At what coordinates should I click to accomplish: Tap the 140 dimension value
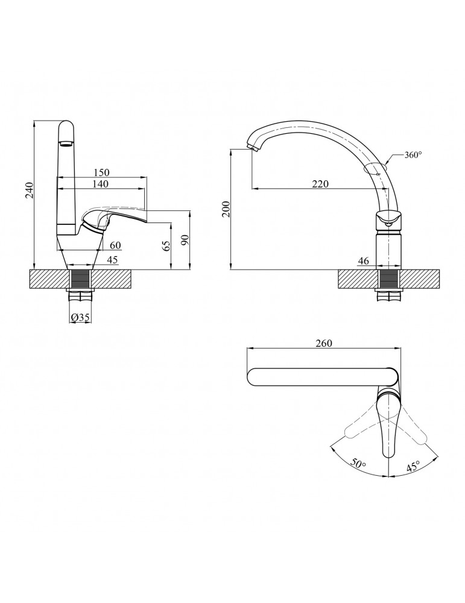click(x=100, y=183)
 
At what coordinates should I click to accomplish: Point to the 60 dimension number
click(x=116, y=245)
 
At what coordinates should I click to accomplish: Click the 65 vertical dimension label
click(x=166, y=245)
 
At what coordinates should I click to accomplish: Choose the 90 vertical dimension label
click(x=185, y=239)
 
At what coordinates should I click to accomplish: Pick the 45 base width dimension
click(x=112, y=259)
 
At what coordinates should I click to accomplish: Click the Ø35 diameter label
click(x=80, y=318)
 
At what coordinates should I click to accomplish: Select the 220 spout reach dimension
click(x=320, y=184)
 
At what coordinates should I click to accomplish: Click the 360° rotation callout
click(x=413, y=154)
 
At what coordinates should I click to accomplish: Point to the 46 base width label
click(x=363, y=260)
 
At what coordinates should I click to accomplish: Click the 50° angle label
click(x=358, y=463)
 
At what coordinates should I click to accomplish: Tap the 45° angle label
click(x=413, y=467)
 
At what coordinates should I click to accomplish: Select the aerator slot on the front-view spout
click(x=66, y=144)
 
